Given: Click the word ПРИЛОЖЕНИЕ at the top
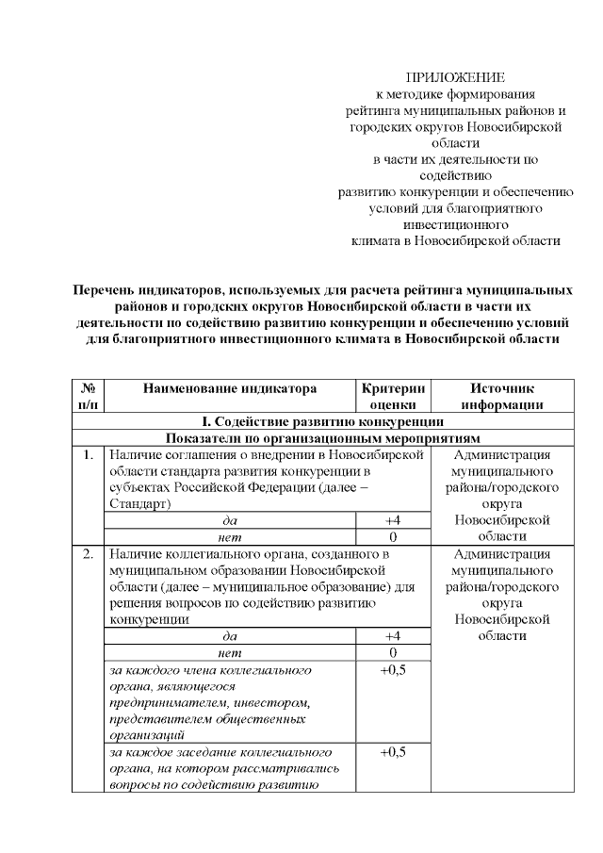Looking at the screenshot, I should click(455, 76).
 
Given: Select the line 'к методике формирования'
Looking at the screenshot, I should click(455, 93).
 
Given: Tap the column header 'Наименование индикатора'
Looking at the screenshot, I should click(230, 387).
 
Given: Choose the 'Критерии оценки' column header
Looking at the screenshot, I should click(393, 396).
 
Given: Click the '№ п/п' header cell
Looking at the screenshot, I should click(89, 396).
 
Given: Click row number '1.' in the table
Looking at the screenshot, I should click(88, 455).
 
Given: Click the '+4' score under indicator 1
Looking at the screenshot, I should click(393, 520).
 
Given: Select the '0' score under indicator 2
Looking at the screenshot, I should click(393, 652).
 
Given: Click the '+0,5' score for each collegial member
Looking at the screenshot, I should click(393, 670).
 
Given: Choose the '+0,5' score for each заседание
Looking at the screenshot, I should click(393, 753).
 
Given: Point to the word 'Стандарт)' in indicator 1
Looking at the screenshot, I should click(139, 504).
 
